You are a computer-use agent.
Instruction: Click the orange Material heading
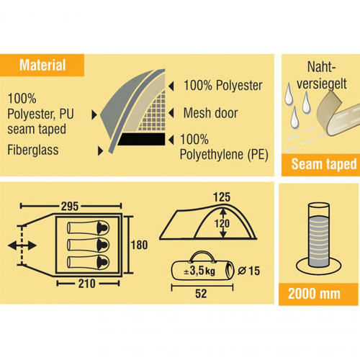[42, 66]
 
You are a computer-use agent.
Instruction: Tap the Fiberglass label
[33, 150]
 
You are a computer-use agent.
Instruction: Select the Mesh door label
[210, 113]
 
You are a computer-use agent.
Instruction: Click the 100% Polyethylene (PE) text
[224, 147]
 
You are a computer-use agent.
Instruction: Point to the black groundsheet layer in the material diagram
[142, 139]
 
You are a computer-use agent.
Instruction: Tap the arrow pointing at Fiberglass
[101, 151]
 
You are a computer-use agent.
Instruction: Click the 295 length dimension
[70, 206]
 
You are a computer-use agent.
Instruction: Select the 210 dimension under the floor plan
[87, 284]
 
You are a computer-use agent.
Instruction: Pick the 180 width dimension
[139, 245]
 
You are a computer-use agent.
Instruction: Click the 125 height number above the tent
[222, 197]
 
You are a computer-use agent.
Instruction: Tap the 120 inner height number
[222, 224]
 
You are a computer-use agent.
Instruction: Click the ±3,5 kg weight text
[199, 271]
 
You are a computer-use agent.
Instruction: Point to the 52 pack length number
[201, 294]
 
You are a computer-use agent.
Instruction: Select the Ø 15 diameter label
[249, 271]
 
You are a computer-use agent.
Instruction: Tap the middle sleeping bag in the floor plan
[89, 245]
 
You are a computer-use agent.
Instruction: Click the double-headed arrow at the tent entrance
[22, 246]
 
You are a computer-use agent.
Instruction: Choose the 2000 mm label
[314, 294]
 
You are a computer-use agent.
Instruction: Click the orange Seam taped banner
[320, 165]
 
